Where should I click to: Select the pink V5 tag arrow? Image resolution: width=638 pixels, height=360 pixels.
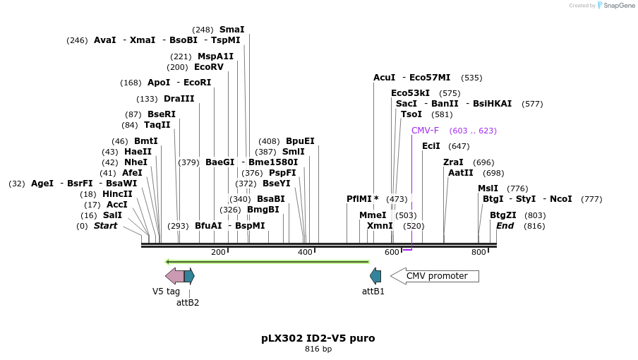click(174, 276)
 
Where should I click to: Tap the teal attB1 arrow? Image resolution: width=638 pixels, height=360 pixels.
click(375, 276)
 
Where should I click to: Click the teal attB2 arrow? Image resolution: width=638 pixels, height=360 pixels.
click(189, 276)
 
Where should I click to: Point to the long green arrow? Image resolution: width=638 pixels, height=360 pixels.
click(267, 262)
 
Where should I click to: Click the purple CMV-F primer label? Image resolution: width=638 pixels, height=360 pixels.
click(425, 131)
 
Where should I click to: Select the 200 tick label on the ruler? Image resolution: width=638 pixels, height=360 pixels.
click(218, 252)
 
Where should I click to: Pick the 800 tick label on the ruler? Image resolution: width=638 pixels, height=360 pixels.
click(479, 252)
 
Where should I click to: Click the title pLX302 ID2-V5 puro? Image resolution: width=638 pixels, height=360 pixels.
click(318, 338)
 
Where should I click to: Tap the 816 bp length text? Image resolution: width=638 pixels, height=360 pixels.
click(318, 349)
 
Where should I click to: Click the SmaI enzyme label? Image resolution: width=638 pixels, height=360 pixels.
click(231, 30)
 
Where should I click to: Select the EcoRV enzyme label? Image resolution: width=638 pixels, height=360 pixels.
click(209, 67)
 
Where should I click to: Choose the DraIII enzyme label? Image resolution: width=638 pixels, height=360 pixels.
click(179, 99)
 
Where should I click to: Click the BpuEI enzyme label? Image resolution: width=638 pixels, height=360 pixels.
click(300, 141)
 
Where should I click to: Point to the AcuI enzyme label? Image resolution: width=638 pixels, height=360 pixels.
click(385, 78)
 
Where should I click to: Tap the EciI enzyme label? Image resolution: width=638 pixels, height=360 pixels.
click(431, 146)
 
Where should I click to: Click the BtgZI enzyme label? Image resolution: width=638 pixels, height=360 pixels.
click(503, 215)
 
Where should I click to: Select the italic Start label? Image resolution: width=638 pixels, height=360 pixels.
click(105, 226)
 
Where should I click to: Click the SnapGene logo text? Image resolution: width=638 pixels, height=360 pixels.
click(619, 6)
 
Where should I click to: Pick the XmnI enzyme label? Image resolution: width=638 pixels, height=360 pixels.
click(380, 226)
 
